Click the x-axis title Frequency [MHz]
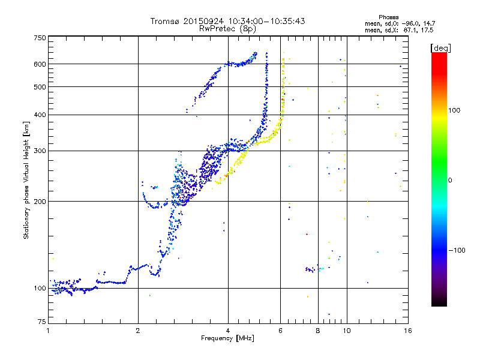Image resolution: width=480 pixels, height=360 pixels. (227, 339)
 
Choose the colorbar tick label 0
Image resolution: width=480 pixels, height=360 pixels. (452, 180)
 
